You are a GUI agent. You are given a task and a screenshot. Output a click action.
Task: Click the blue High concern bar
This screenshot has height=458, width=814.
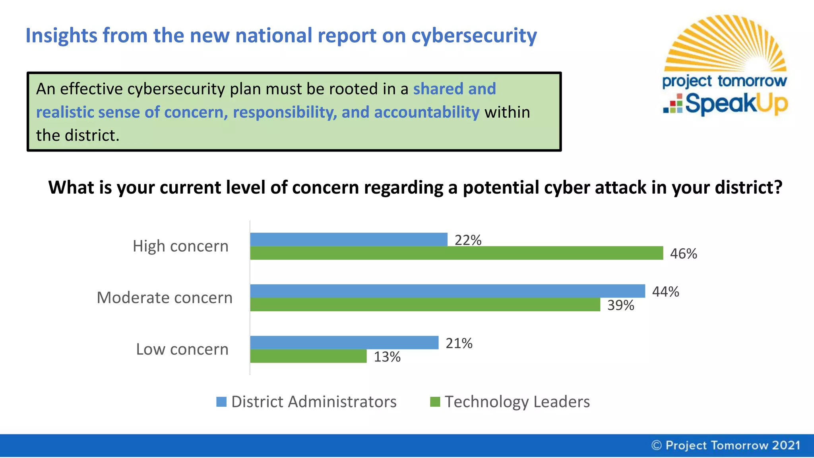349,239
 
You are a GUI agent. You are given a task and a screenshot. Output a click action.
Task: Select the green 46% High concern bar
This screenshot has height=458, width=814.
456,253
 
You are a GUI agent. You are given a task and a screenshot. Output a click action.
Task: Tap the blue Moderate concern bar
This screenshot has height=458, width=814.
447,291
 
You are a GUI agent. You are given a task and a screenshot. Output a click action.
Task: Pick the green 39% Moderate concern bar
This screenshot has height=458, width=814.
425,305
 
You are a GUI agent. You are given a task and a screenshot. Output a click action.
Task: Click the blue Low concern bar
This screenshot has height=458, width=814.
344,343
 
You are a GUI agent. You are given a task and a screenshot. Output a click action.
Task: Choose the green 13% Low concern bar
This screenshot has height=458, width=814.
308,356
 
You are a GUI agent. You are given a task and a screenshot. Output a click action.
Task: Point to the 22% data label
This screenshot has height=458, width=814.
468,240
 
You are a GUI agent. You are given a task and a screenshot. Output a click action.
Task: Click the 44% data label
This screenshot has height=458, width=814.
665,292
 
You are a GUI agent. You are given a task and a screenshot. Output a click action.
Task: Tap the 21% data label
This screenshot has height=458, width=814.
459,343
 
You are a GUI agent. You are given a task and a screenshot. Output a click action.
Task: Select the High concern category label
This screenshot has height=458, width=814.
180,246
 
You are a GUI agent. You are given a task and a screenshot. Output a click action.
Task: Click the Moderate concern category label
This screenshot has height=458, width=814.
165,298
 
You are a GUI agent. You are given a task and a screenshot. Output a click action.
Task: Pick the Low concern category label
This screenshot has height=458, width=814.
182,349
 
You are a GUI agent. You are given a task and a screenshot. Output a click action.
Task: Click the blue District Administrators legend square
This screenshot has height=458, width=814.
221,402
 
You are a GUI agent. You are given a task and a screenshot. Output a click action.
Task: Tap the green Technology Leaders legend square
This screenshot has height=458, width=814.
435,402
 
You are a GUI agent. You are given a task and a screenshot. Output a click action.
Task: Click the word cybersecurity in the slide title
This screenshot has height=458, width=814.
474,36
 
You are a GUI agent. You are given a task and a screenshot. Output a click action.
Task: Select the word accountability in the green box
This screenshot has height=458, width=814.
426,113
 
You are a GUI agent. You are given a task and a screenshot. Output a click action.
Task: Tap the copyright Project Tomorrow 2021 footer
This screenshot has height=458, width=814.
726,445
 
